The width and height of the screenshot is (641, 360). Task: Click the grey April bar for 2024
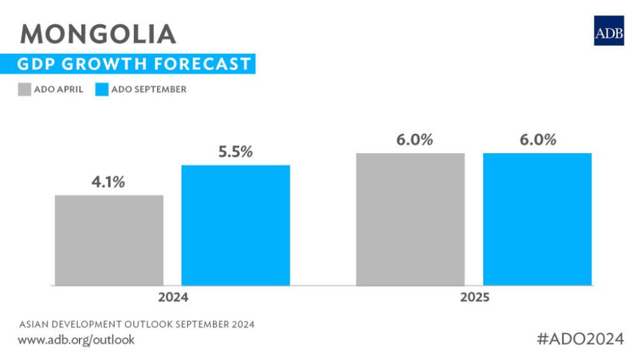pyautogui.click(x=109, y=240)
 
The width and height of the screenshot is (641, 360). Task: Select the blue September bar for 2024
pyautogui.click(x=236, y=225)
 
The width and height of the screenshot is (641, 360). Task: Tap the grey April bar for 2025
pyautogui.click(x=410, y=219)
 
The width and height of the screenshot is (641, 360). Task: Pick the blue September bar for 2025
pyautogui.click(x=537, y=219)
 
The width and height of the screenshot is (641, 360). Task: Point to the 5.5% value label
pyautogui.click(x=235, y=152)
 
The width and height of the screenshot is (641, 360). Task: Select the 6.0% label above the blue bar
pyautogui.click(x=537, y=140)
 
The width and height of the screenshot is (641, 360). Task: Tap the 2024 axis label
pyautogui.click(x=174, y=298)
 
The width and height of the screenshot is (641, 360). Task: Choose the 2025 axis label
pyautogui.click(x=474, y=298)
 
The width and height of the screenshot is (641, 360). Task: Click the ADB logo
pyautogui.click(x=608, y=30)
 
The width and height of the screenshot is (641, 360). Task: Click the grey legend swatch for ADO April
pyautogui.click(x=24, y=89)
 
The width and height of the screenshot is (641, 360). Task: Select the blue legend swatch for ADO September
pyautogui.click(x=101, y=89)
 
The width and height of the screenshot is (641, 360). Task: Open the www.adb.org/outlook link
pyautogui.click(x=76, y=340)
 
